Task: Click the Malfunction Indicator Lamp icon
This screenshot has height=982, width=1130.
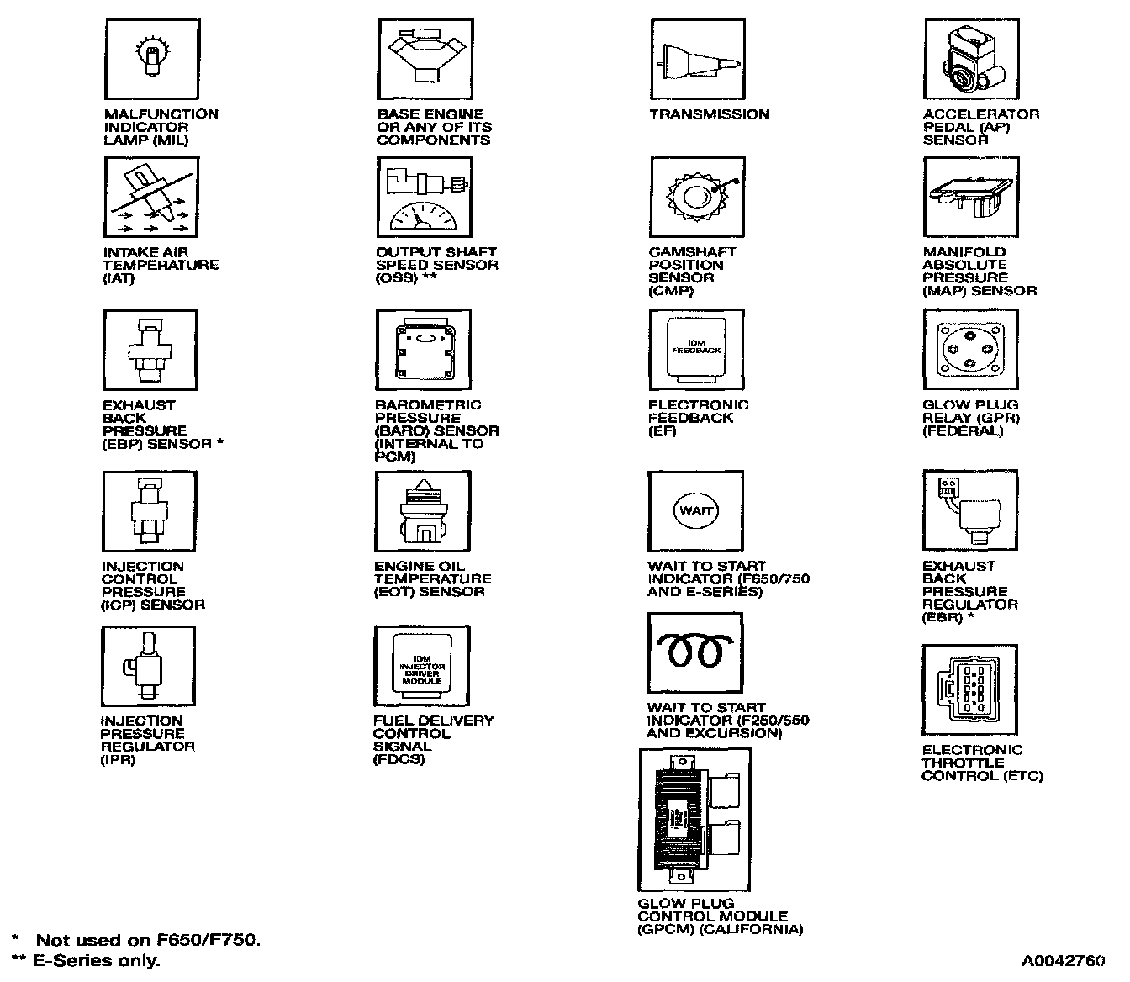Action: [151, 58]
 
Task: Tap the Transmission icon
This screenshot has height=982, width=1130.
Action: [697, 58]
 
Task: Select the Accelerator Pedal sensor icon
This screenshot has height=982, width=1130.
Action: [971, 58]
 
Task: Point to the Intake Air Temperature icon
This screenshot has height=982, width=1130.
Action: [151, 198]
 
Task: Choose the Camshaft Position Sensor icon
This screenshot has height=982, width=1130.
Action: [697, 198]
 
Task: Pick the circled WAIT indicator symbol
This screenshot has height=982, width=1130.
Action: [695, 510]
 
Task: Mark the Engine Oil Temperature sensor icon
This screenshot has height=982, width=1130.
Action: [423, 511]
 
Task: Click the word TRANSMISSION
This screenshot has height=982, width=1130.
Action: [709, 114]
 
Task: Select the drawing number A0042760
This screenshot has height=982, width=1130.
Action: [1064, 960]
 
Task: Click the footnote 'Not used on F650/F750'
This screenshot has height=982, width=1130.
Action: [148, 940]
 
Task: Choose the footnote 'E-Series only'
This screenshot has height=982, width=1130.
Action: [97, 960]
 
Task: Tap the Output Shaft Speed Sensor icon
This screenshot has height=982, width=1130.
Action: [425, 198]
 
